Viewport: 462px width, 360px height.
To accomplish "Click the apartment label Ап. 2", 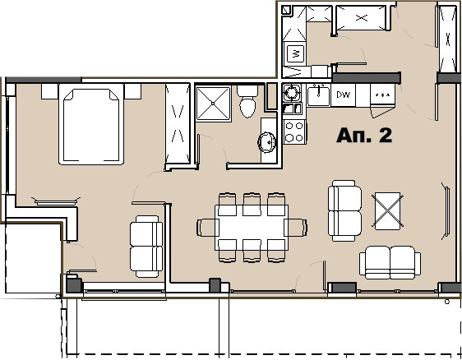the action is point(364,136).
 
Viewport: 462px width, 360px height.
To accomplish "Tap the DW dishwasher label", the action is point(343,95).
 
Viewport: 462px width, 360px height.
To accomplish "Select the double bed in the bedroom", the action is point(91,124).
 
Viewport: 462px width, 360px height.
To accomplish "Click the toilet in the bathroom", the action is point(247,101).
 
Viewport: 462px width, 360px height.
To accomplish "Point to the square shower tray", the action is point(213,104).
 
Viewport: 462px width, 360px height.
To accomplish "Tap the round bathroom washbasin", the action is point(267,142).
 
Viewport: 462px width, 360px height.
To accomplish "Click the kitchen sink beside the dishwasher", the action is point(318,95).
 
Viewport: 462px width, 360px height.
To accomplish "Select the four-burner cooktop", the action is point(294,132).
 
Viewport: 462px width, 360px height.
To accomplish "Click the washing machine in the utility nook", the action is point(295,53).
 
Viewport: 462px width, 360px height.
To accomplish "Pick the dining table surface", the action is point(252,227).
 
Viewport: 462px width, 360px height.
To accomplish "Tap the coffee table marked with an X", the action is point(387,211).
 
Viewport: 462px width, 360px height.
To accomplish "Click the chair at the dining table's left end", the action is point(208,228).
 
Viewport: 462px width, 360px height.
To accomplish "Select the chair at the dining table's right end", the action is point(295,228).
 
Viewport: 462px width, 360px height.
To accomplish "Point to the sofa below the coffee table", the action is point(390,262).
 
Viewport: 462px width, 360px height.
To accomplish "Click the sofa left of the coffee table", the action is point(344,210).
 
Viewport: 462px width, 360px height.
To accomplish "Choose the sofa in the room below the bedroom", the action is point(146,247).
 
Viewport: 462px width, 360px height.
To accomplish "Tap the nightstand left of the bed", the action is point(49,91).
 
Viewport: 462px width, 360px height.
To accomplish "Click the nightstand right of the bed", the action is point(132,91).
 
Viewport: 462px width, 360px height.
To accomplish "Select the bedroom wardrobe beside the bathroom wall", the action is point(178,123).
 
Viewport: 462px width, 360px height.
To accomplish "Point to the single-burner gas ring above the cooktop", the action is point(292,93).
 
